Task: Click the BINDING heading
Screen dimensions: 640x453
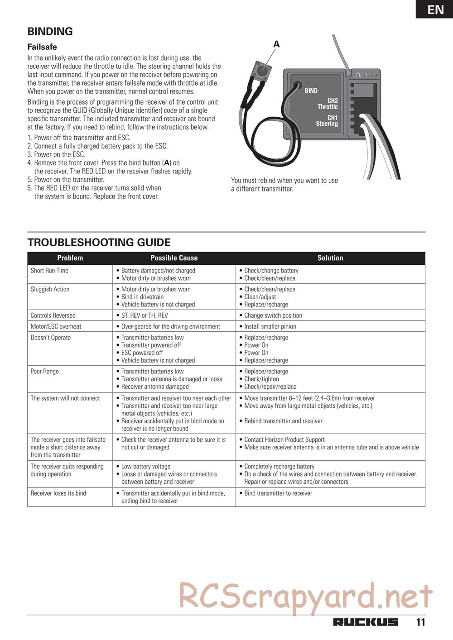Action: tap(50, 31)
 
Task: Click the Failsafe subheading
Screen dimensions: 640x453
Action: tap(42, 47)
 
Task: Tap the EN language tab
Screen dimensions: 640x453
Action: tap(435, 9)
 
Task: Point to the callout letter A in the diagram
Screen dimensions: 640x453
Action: tap(276, 44)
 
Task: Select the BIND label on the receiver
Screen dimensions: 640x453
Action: tap(311, 91)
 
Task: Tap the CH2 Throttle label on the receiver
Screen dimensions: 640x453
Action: tap(328, 104)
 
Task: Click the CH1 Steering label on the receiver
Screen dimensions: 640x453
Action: tap(327, 120)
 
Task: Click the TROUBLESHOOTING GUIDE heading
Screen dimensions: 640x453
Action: tap(99, 242)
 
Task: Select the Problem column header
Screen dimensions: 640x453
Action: tap(70, 258)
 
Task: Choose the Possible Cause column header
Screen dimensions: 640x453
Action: tap(174, 258)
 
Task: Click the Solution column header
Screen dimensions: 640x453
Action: tap(330, 258)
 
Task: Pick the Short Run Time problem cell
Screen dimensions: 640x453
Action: tap(49, 271)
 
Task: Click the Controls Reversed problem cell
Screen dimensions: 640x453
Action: tap(53, 315)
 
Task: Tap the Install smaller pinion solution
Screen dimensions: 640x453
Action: tap(270, 326)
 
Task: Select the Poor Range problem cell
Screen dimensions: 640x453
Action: tap(45, 372)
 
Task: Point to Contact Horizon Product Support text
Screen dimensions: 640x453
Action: tap(284, 439)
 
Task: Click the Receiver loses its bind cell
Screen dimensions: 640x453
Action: tap(58, 493)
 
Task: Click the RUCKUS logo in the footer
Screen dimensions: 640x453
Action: tap(366, 622)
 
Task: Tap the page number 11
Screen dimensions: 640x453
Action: tap(421, 622)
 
